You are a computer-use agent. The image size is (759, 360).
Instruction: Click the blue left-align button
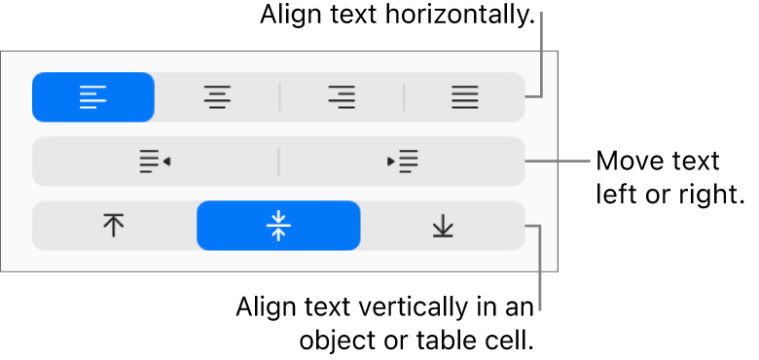coord(93,96)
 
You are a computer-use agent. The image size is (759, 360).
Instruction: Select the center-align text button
coord(217,96)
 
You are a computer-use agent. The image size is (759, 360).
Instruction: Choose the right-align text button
coord(342,96)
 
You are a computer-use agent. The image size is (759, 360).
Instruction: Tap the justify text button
coord(464,96)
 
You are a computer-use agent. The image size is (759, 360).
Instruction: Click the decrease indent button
coord(155,162)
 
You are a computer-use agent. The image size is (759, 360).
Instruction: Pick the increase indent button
coord(402,162)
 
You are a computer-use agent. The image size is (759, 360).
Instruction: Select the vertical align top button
coord(115,226)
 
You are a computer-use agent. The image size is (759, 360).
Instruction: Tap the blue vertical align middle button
coord(278,226)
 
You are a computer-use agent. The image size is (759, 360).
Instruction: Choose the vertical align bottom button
coord(443,226)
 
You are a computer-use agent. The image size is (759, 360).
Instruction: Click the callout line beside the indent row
coord(560,161)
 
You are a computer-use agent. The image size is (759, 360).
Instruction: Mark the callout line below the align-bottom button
coord(540,272)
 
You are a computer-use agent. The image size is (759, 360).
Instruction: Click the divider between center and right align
coord(279,96)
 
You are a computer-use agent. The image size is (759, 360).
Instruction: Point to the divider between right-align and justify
coord(404,96)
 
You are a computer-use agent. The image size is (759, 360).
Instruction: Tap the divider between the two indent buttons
coord(279,162)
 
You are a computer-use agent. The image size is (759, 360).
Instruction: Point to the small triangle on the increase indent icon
coord(391,162)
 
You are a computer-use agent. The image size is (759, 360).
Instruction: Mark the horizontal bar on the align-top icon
coord(115,216)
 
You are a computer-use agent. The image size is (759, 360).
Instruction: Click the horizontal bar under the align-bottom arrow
coord(443,235)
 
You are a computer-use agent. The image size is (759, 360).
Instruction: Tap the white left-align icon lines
coord(92,96)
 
